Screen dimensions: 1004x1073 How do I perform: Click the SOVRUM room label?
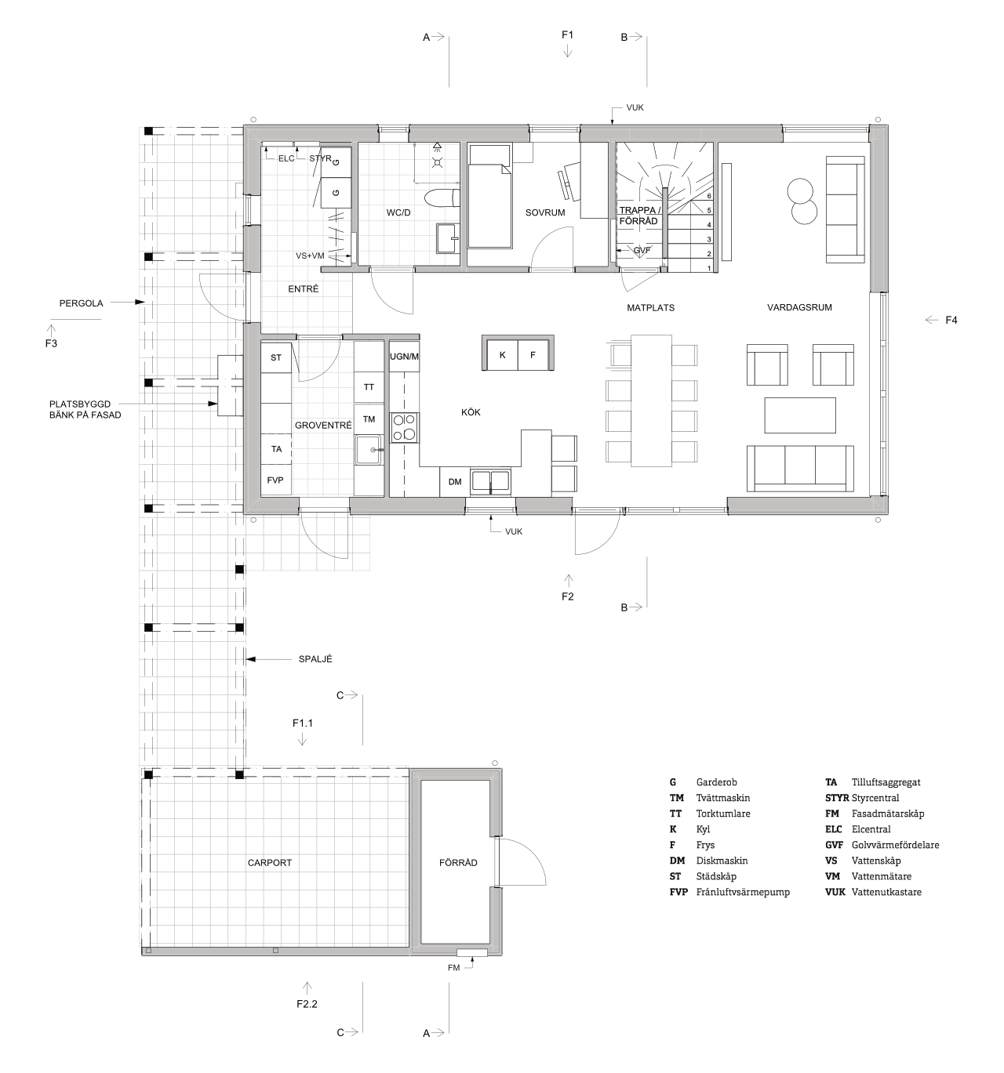pyautogui.click(x=544, y=212)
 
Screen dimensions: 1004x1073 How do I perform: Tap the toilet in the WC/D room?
pyautogui.click(x=442, y=198)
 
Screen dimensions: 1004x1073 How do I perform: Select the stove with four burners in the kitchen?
pyautogui.click(x=405, y=427)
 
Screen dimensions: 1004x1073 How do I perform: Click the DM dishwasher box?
pyautogui.click(x=454, y=481)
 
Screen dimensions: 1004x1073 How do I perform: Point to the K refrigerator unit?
pyautogui.click(x=503, y=355)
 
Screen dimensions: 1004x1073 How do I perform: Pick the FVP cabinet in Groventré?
pyautogui.click(x=275, y=480)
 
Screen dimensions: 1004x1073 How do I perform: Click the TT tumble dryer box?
pyautogui.click(x=369, y=387)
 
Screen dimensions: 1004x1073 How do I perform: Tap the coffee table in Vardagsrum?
pyautogui.click(x=799, y=415)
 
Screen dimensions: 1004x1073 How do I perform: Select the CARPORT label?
pyautogui.click(x=269, y=862)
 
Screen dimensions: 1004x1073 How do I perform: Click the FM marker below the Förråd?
pyautogui.click(x=453, y=968)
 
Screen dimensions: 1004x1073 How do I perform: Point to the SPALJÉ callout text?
pyautogui.click(x=315, y=658)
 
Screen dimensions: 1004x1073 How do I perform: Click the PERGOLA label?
pyautogui.click(x=81, y=303)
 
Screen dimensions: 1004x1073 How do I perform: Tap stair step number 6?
pyautogui.click(x=709, y=196)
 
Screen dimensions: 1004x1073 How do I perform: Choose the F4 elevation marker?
pyautogui.click(x=951, y=320)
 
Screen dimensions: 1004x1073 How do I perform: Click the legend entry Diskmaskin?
pyautogui.click(x=722, y=860)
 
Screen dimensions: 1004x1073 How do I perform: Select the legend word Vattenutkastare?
pyautogui.click(x=886, y=891)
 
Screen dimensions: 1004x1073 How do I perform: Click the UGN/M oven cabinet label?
pyautogui.click(x=404, y=357)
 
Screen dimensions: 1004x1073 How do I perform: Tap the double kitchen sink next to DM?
pyautogui.click(x=490, y=481)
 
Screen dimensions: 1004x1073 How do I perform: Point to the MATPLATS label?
pyautogui.click(x=650, y=307)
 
